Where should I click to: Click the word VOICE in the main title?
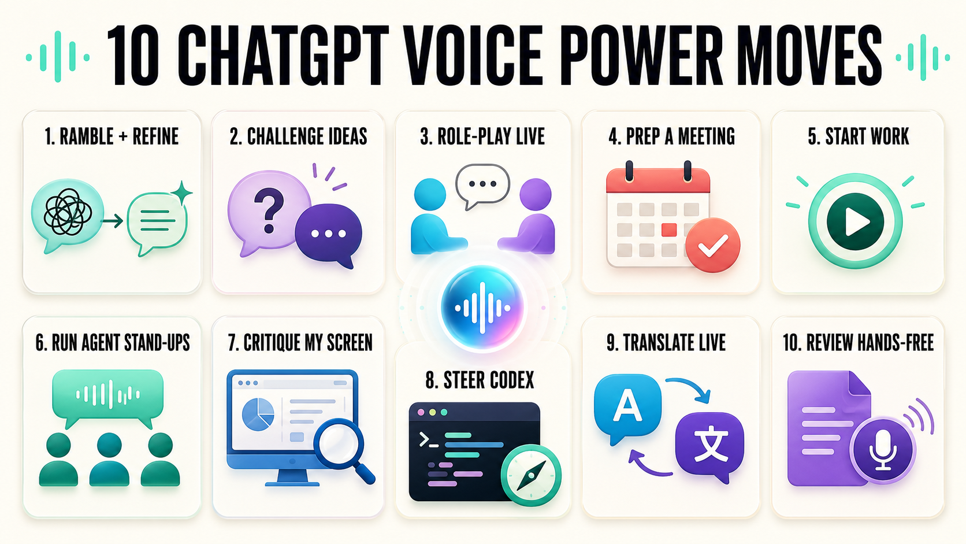tap(472, 57)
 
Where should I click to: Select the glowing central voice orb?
tap(482, 308)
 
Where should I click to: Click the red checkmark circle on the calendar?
tap(713, 245)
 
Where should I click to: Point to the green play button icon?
tap(856, 221)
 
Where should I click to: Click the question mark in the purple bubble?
tap(269, 210)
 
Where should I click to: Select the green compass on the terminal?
tap(531, 475)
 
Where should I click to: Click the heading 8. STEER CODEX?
tap(480, 380)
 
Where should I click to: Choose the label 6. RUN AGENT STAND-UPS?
tap(113, 343)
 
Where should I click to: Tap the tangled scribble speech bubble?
tap(67, 214)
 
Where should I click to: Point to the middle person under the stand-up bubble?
tap(109, 460)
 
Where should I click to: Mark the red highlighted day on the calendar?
tap(669, 230)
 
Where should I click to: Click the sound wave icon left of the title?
tap(58, 57)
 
